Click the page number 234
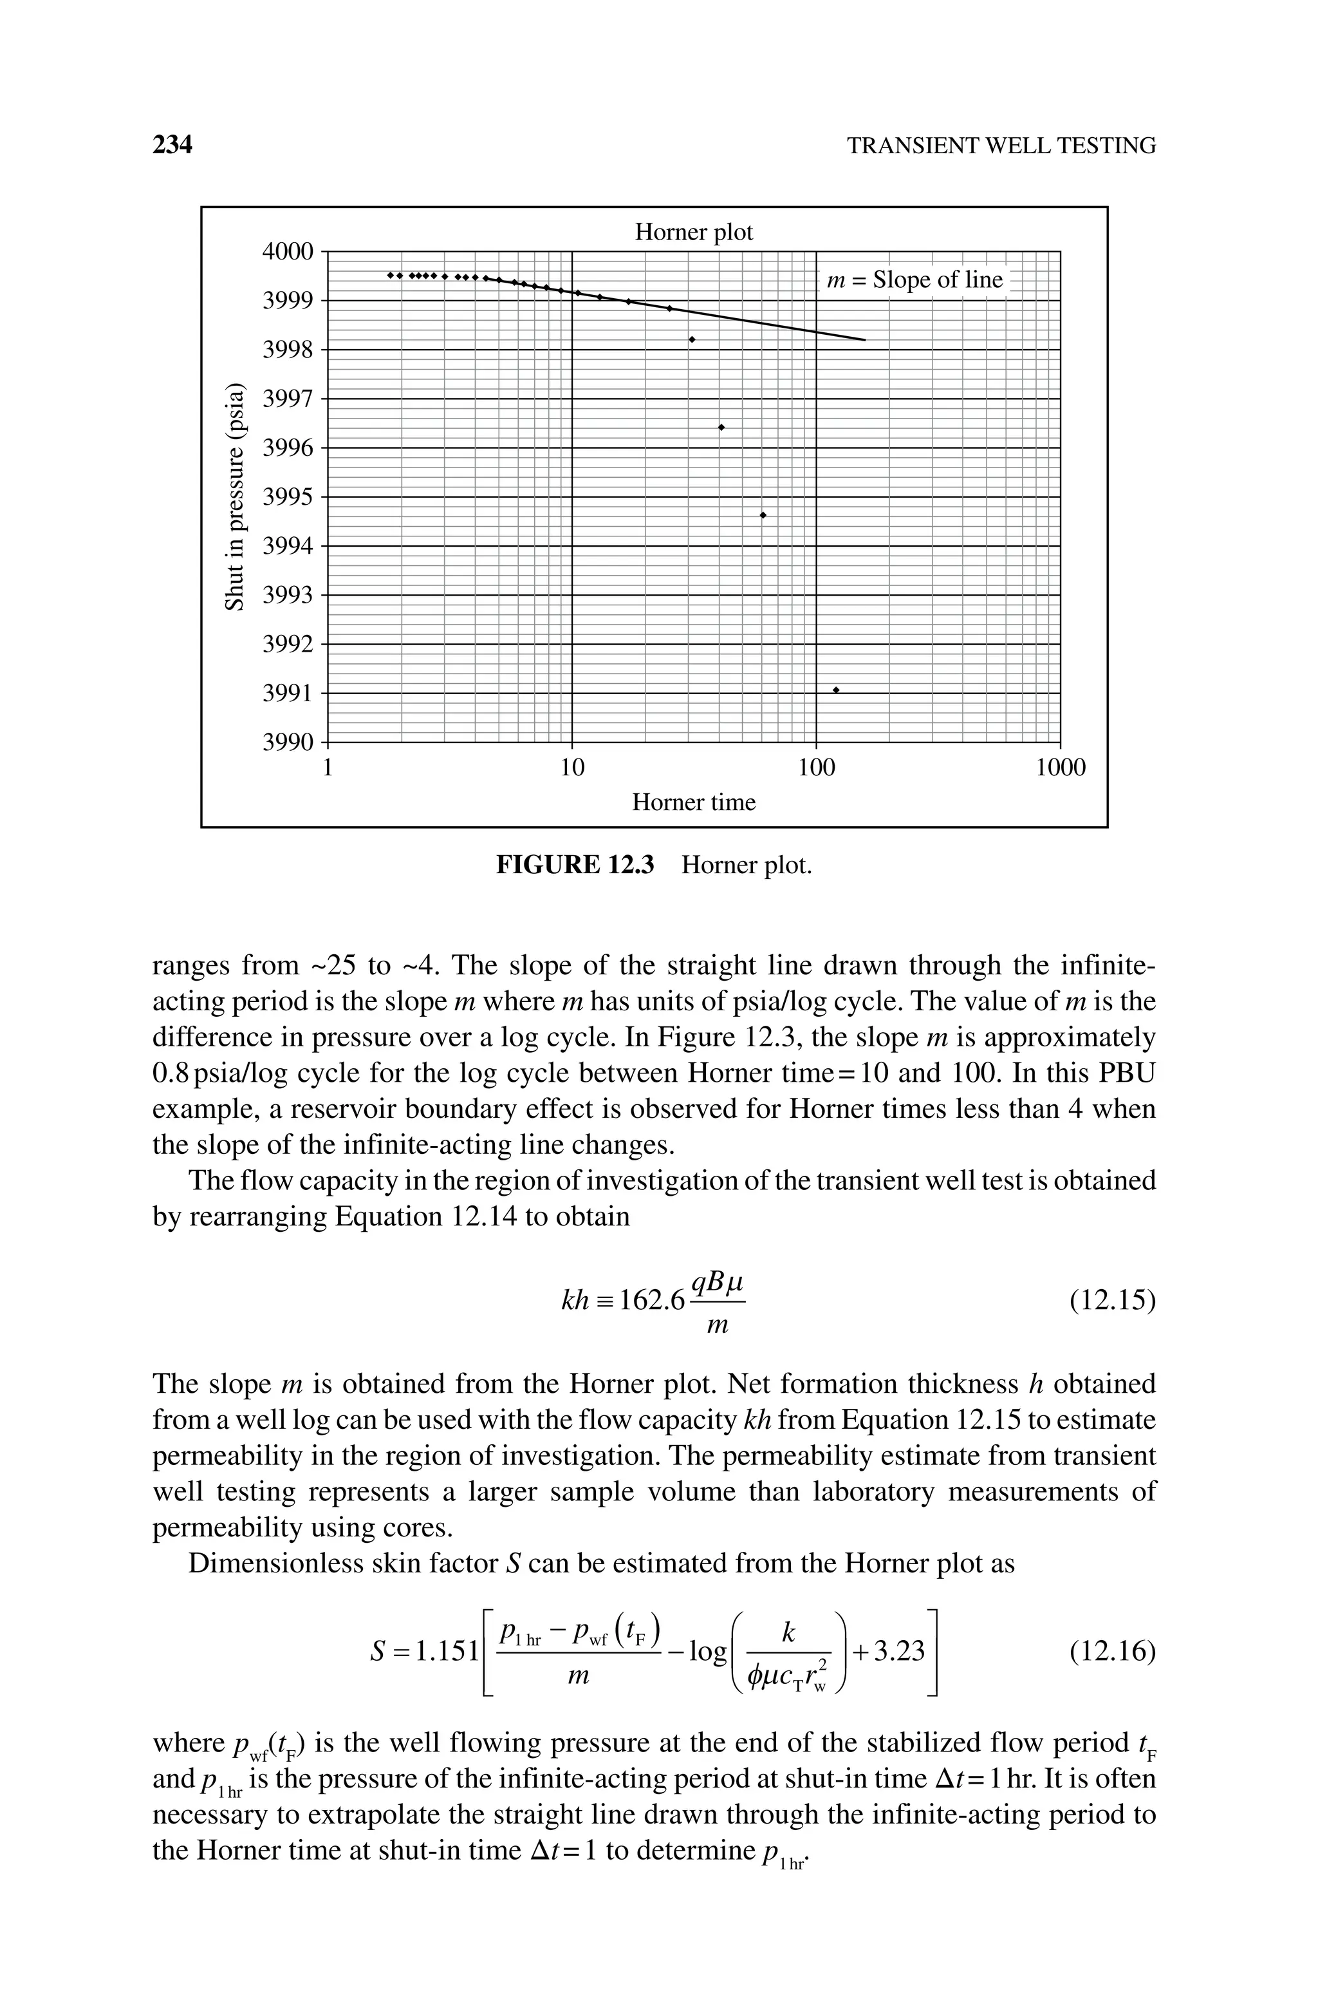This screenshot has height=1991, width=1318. click(x=172, y=146)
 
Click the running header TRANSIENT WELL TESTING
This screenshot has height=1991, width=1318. click(x=1001, y=146)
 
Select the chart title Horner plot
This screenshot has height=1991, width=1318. click(x=694, y=232)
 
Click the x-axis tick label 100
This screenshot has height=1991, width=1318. click(x=816, y=768)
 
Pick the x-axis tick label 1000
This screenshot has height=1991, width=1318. click(x=1060, y=768)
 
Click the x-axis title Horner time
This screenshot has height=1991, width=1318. click(x=694, y=802)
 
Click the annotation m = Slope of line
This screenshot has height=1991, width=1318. click(x=914, y=280)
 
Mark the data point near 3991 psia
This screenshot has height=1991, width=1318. click(x=835, y=690)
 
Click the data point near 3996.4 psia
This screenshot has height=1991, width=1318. click(x=721, y=427)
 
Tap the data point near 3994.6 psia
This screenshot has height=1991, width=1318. click(x=763, y=514)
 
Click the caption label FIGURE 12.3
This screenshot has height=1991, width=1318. click(x=575, y=865)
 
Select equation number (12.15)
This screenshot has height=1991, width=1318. click(x=1112, y=1301)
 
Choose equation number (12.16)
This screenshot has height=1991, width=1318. click(x=1112, y=1652)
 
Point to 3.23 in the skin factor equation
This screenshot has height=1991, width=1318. click(x=900, y=1652)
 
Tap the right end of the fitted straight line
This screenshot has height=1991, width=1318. click(x=864, y=340)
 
